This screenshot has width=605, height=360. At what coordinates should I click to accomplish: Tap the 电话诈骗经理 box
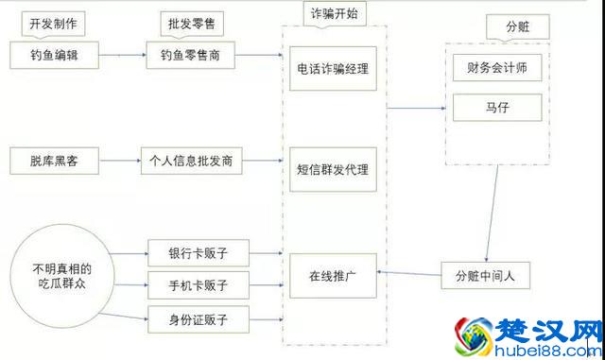pyautogui.click(x=332, y=69)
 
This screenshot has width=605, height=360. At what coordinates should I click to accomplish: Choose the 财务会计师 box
pyautogui.click(x=495, y=68)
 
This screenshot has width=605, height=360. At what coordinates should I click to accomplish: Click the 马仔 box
pyautogui.click(x=495, y=109)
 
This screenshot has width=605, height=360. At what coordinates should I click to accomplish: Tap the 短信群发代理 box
pyautogui.click(x=332, y=169)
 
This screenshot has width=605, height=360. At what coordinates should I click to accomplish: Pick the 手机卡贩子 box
pyautogui.click(x=198, y=284)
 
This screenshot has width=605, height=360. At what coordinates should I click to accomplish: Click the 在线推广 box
pyautogui.click(x=332, y=276)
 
